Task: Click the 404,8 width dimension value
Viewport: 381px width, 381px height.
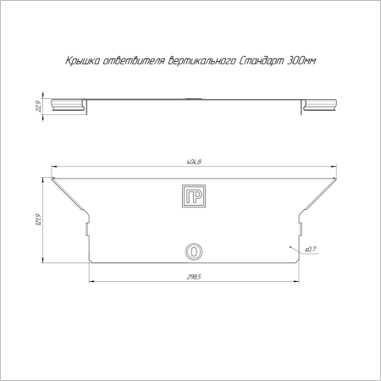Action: coord(194,162)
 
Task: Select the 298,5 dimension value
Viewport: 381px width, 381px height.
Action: coord(194,277)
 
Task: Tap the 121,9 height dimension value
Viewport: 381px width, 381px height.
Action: coord(39,220)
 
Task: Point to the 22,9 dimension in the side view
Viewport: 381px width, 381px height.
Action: coord(39,107)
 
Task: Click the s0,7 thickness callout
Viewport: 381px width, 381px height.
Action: coord(311,249)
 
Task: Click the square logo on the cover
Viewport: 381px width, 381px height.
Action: coord(194,196)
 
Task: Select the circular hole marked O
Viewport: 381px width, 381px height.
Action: coord(194,251)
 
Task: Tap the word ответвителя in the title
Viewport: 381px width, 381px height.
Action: coord(134,61)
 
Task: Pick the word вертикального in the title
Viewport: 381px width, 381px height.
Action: coord(202,61)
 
